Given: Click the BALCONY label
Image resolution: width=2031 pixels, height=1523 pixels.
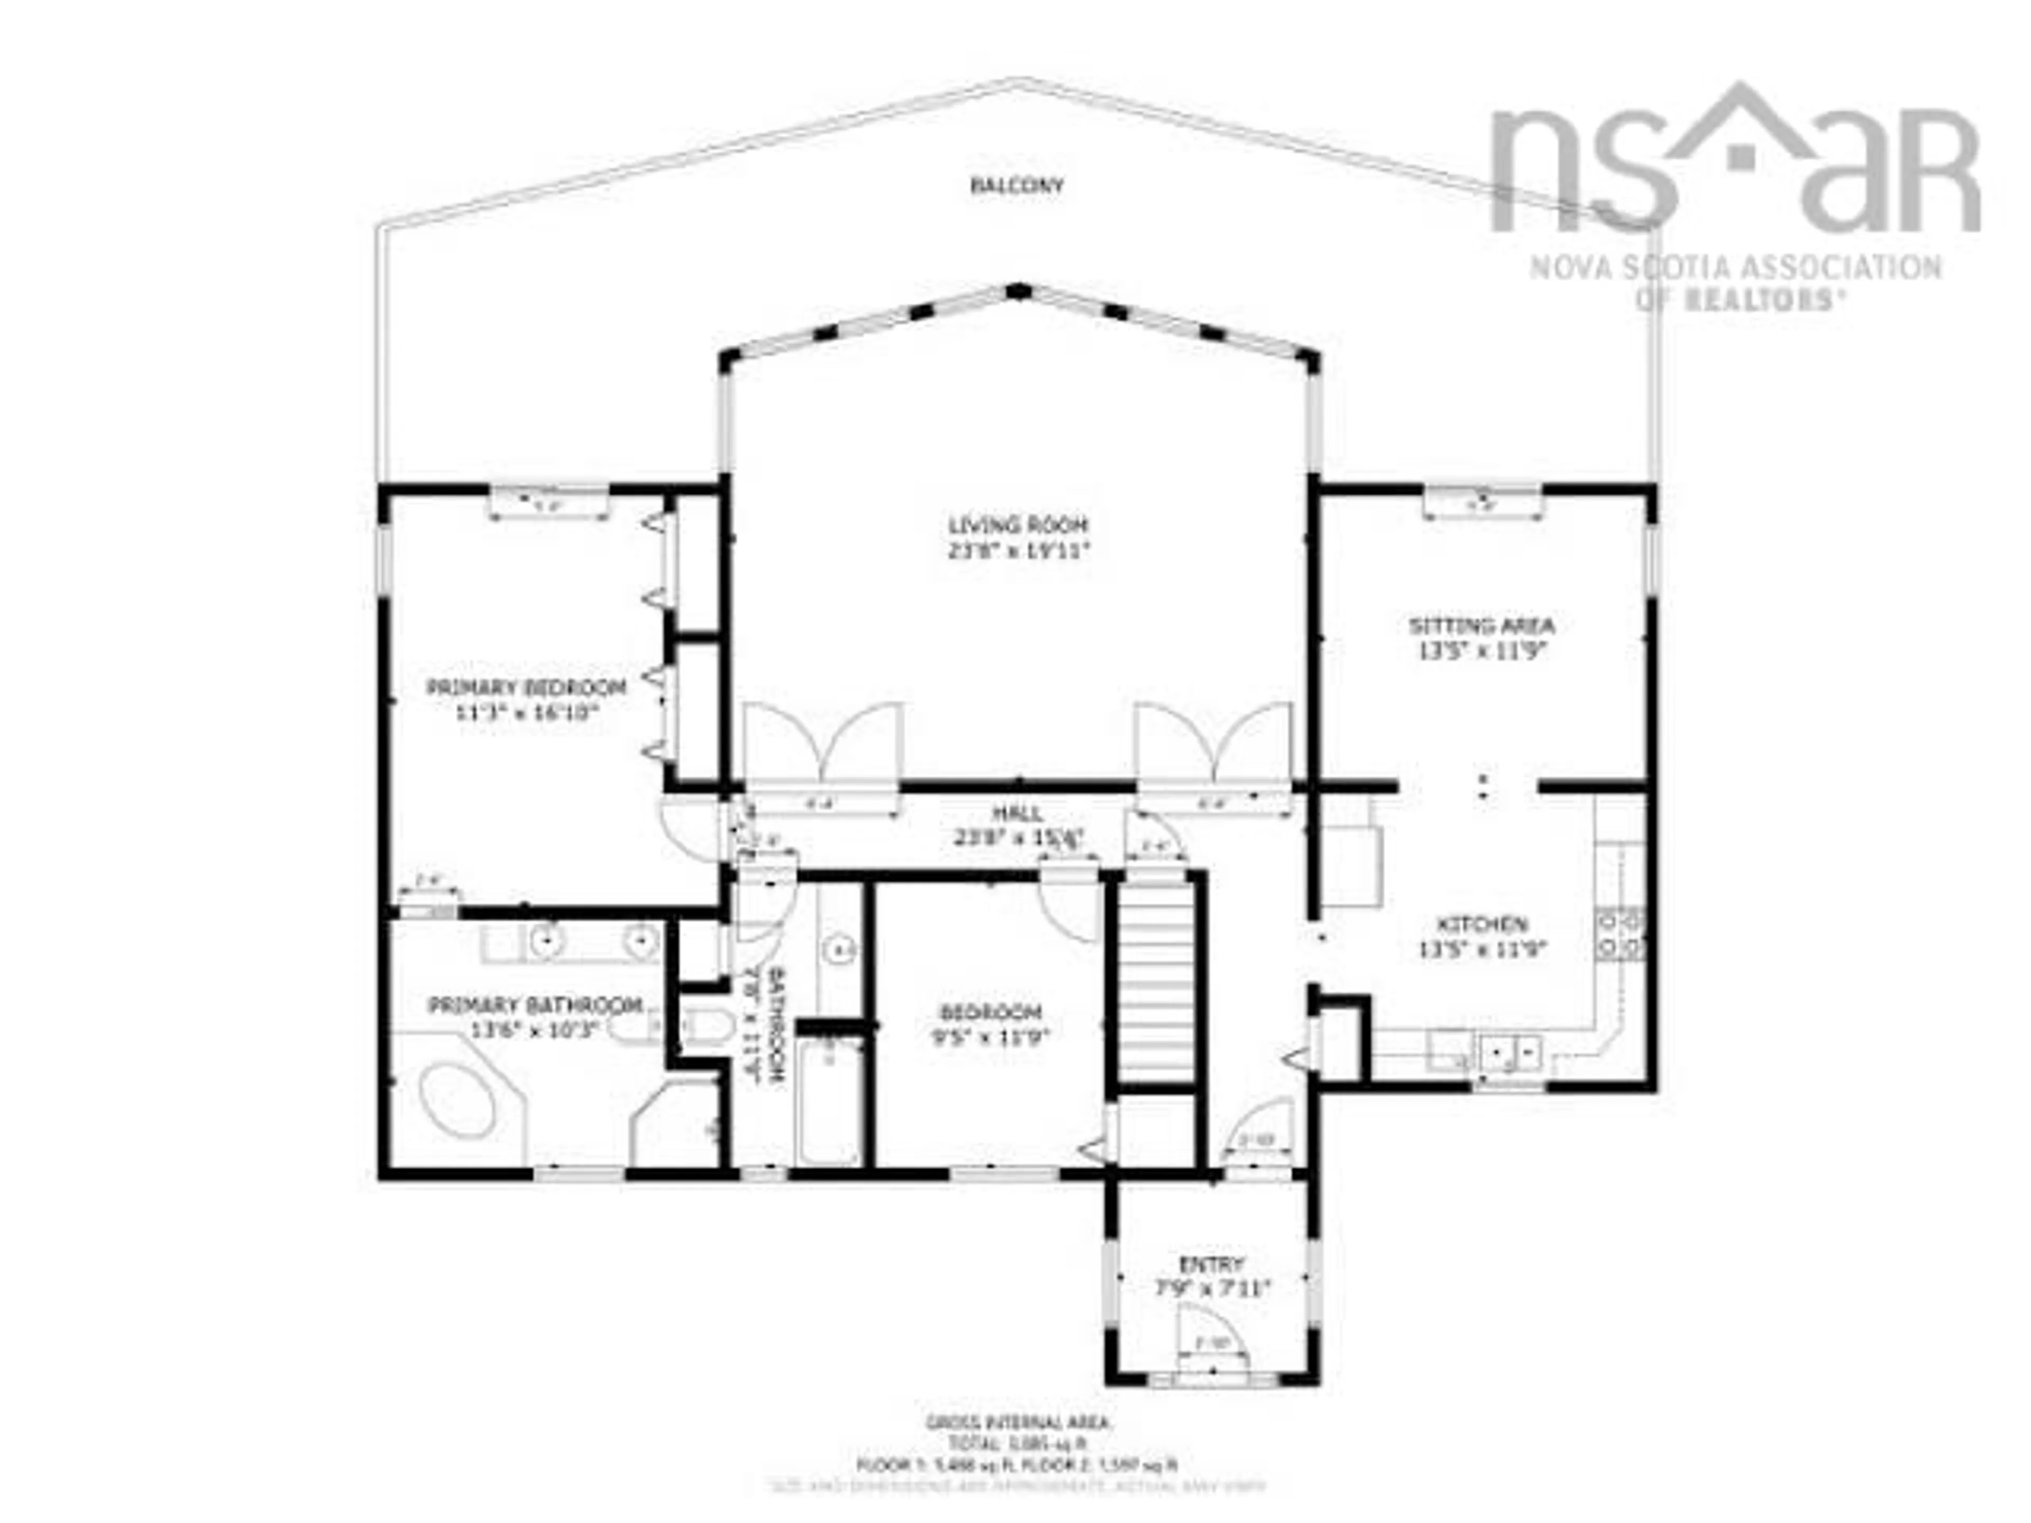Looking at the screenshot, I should (1017, 186).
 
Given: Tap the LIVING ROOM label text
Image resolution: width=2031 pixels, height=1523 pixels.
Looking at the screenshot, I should (1017, 525).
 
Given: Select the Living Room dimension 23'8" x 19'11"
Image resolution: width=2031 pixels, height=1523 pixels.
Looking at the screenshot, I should (1017, 551).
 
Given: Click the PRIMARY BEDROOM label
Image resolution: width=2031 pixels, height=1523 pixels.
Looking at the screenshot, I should (526, 687).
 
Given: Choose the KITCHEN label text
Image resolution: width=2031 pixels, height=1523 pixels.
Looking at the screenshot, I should (1482, 923).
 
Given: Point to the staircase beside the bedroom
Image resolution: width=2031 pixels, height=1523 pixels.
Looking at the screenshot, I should (1156, 978).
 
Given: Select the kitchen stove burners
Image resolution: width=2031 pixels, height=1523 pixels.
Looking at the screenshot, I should (1620, 933).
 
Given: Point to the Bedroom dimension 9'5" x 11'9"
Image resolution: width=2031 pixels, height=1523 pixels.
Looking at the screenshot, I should (990, 1038).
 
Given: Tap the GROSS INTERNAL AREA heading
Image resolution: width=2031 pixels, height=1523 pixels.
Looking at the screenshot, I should (1017, 1423).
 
